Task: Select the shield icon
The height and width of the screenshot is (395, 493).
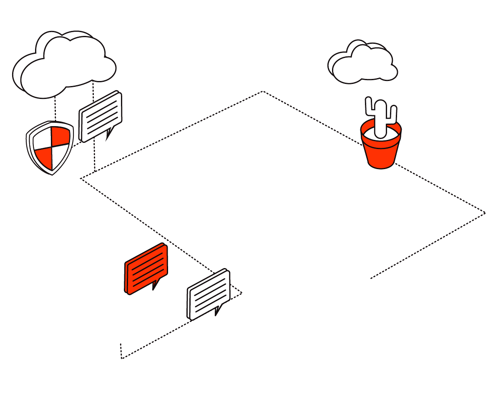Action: (50, 147)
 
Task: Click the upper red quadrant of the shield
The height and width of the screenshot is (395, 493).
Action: (61, 134)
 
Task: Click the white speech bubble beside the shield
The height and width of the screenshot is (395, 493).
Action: (101, 116)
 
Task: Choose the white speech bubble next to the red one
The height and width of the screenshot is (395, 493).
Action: (209, 294)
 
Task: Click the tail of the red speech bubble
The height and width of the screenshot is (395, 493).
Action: (156, 285)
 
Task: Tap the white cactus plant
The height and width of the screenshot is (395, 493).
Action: (380, 119)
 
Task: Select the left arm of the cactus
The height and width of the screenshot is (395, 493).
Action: (369, 106)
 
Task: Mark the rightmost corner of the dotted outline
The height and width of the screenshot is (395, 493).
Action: (485, 213)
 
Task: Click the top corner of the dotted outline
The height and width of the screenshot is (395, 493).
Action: (263, 91)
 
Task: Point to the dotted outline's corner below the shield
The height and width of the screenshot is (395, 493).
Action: (82, 179)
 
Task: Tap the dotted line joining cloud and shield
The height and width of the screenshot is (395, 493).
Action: (55, 109)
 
